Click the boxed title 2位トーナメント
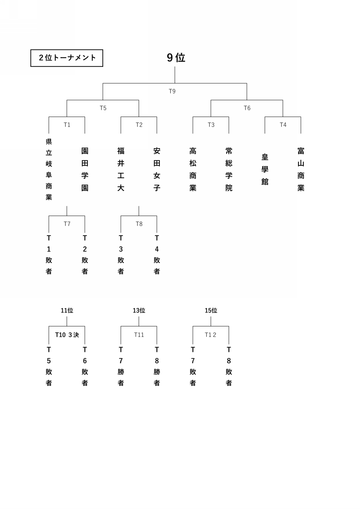[x=67, y=58]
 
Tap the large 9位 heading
[x=176, y=58]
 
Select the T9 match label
[x=172, y=92]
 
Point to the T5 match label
[x=103, y=108]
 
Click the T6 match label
[x=247, y=108]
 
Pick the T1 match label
[x=67, y=125]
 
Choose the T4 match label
[x=283, y=125]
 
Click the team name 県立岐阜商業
[x=49, y=169]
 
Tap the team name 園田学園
[x=85, y=169]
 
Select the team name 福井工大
[x=121, y=169]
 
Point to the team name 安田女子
[x=157, y=169]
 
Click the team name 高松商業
[x=193, y=169]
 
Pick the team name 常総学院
[x=229, y=169]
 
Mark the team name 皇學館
[x=265, y=169]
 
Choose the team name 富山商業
[x=301, y=169]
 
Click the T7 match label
[x=67, y=224]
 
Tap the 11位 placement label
[x=67, y=311]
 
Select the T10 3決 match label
[x=67, y=335]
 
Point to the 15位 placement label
[x=211, y=311]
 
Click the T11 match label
[x=139, y=335]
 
